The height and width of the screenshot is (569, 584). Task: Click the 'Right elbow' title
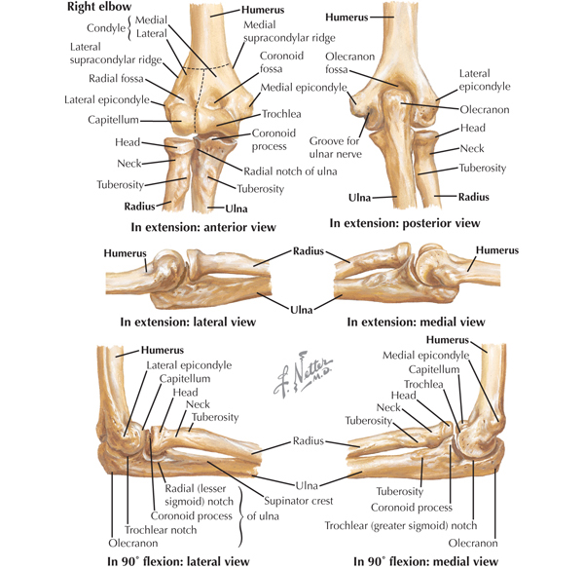pyautogui.click(x=99, y=7)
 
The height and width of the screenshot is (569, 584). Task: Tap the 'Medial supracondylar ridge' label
pyautogui.click(x=289, y=31)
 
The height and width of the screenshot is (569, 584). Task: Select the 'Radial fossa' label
pyautogui.click(x=116, y=79)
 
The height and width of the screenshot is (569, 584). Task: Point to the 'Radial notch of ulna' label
pyautogui.click(x=290, y=171)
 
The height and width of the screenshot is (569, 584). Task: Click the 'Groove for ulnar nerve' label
pyautogui.click(x=335, y=148)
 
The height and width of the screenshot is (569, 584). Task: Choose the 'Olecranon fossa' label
pyautogui.click(x=349, y=63)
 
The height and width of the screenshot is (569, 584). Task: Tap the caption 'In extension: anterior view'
pyautogui.click(x=203, y=227)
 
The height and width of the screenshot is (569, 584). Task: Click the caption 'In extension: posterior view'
pyautogui.click(x=405, y=223)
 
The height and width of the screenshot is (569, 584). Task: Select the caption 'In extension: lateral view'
pyautogui.click(x=188, y=322)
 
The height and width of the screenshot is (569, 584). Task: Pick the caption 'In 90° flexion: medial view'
pyautogui.click(x=425, y=561)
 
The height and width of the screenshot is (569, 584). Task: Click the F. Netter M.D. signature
pyautogui.click(x=303, y=373)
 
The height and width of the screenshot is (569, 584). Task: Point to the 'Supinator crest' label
pyautogui.click(x=299, y=501)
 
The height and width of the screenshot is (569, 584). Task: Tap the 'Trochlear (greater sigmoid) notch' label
pyautogui.click(x=401, y=526)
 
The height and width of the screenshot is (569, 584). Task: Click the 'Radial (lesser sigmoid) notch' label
pyautogui.click(x=199, y=495)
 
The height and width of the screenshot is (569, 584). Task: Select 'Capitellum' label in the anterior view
pyautogui.click(x=113, y=120)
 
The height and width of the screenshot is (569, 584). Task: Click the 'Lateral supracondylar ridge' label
pyautogui.click(x=116, y=54)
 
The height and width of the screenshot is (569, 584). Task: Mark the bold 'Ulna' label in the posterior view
pyautogui.click(x=359, y=198)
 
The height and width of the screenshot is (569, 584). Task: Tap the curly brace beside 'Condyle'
pyautogui.click(x=129, y=27)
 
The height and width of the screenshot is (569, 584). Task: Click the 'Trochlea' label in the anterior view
pyautogui.click(x=281, y=114)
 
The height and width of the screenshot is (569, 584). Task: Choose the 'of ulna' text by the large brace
pyautogui.click(x=263, y=516)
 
